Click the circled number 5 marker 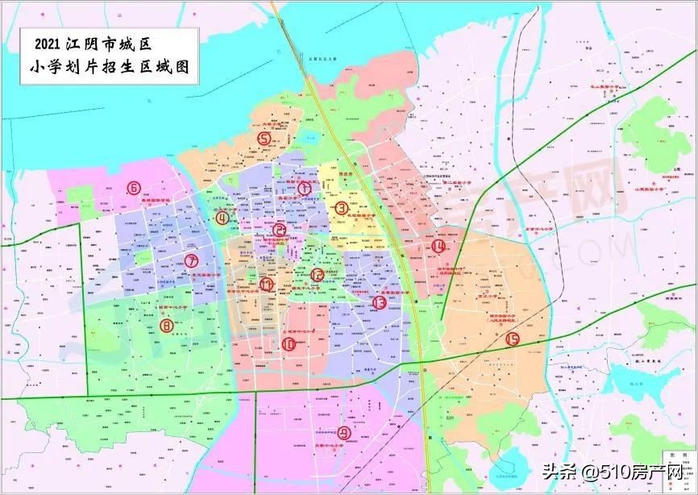[x=264, y=138]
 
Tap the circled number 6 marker [x=134, y=189]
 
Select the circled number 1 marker [x=305, y=187]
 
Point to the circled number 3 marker [x=342, y=207]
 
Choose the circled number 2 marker [x=280, y=229]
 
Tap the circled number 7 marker [x=191, y=260]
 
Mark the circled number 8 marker [x=167, y=326]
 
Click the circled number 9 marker [x=344, y=433]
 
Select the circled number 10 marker [x=289, y=343]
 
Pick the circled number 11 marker [x=266, y=283]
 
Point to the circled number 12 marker [x=317, y=275]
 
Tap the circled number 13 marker [x=380, y=302]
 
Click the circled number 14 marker [x=438, y=246]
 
